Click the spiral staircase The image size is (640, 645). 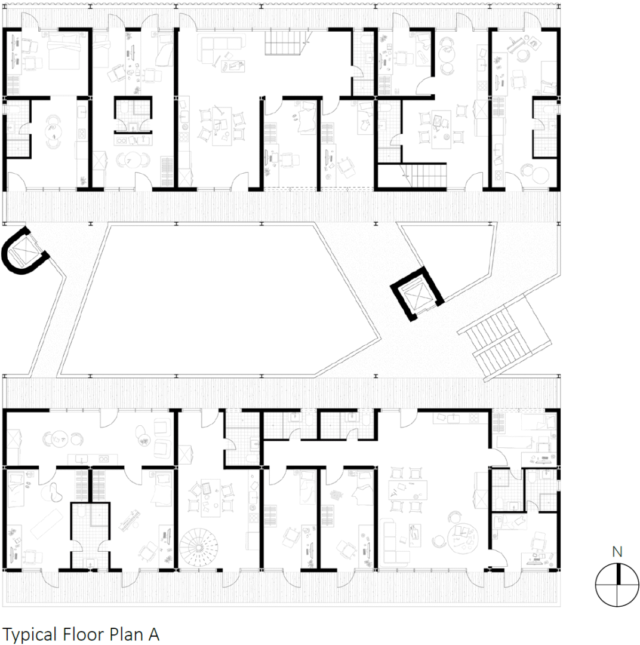pyautogui.click(x=199, y=547)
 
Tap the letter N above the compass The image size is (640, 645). pyautogui.click(x=617, y=552)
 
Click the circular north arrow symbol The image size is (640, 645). pyautogui.click(x=617, y=585)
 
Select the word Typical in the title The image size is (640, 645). pyautogui.click(x=30, y=634)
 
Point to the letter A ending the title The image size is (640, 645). pyautogui.click(x=153, y=634)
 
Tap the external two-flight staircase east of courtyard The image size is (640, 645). pyautogui.click(x=504, y=339)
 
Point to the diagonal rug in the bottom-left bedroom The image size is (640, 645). pyautogui.click(x=47, y=523)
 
